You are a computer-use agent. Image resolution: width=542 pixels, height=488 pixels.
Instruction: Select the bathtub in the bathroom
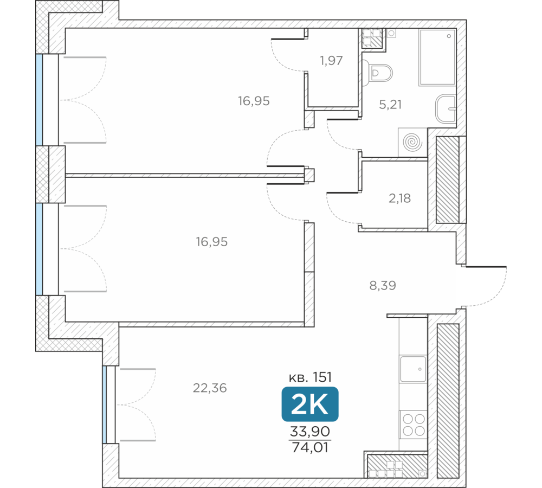(437, 57)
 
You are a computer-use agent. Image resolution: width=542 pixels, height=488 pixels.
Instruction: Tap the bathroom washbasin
(446, 108)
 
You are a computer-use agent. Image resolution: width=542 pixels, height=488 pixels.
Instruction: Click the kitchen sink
(413, 369)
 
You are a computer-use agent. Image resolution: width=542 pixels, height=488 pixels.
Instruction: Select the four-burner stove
(414, 425)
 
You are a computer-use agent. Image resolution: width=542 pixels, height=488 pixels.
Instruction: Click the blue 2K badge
(309, 404)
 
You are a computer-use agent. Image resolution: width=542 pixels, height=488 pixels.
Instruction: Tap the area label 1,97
(331, 61)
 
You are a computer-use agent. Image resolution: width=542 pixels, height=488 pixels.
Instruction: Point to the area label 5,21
(390, 105)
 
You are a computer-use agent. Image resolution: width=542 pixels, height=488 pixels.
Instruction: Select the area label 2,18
(399, 198)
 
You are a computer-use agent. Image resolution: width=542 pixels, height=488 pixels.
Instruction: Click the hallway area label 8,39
(383, 285)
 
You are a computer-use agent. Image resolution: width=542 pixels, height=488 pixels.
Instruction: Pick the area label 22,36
(210, 388)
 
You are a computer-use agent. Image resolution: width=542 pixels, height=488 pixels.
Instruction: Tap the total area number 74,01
(310, 447)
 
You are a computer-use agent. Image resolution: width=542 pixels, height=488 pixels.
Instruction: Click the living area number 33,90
(310, 432)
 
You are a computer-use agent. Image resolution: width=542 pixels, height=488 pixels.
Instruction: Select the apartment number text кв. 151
(310, 377)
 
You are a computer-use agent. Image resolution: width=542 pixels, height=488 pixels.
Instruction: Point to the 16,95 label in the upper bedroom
(254, 101)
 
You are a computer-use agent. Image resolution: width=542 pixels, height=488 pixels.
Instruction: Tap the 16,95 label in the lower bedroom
(211, 242)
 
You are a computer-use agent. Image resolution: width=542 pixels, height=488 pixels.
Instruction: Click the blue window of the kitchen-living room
(105, 404)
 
